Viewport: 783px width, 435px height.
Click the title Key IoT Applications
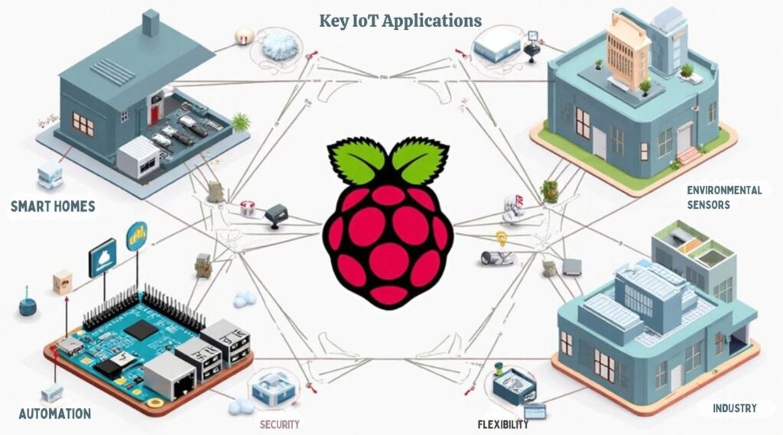tap(400, 21)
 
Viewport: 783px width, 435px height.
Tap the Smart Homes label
tap(53, 205)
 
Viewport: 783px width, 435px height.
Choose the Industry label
tap(734, 408)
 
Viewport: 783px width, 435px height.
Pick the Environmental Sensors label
tap(724, 196)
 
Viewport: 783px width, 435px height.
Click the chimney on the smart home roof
tap(151, 24)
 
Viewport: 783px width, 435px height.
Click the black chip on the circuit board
tap(140, 329)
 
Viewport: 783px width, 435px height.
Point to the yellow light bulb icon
tap(502, 238)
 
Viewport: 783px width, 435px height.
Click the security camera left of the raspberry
tap(275, 215)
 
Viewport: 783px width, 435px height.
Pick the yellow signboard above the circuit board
tap(138, 235)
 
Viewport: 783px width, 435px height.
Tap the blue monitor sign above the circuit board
tap(102, 258)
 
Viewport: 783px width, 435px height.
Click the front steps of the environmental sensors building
tap(688, 156)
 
